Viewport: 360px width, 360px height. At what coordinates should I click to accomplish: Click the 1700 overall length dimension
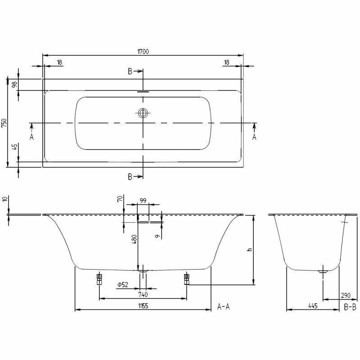point(143,51)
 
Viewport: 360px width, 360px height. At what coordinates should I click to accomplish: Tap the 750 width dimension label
point(4,123)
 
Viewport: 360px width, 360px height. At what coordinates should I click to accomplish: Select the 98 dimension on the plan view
point(14,85)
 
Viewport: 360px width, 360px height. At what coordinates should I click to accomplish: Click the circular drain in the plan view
point(143,113)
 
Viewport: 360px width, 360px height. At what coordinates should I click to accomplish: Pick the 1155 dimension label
point(143,306)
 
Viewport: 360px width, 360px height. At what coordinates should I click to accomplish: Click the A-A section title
point(224,307)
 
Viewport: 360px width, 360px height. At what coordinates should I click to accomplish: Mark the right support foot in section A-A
point(186,279)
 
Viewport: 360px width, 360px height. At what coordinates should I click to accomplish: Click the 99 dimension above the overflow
point(143,201)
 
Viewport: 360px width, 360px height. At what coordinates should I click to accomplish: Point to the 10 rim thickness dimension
point(4,199)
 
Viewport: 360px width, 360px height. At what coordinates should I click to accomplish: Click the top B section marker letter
point(130,71)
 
